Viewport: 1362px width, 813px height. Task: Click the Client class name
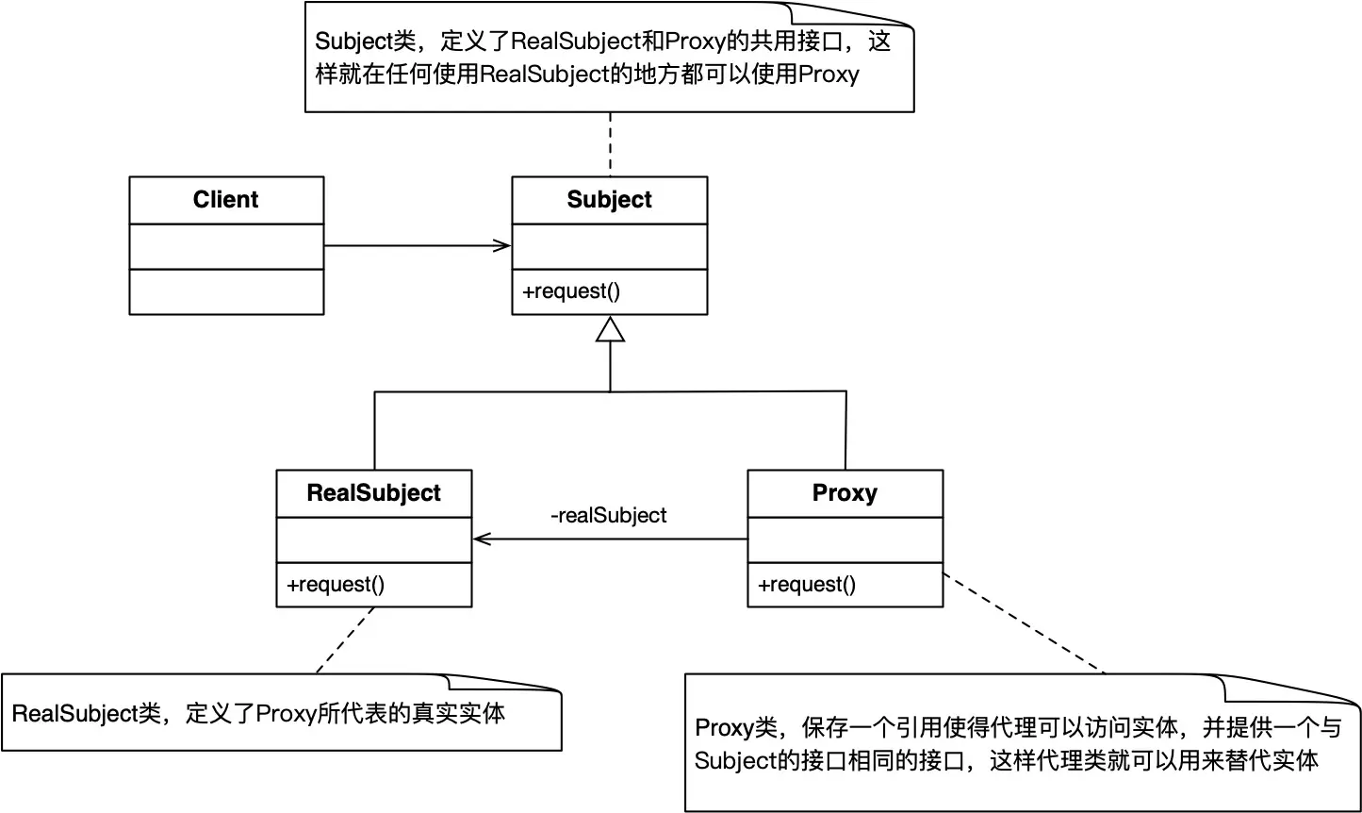225,200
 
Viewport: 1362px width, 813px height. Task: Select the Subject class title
609,200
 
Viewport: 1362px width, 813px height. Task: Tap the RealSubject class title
373,493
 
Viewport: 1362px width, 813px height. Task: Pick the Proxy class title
845,493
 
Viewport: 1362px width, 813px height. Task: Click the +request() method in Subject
571,291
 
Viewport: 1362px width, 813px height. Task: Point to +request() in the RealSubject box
336,585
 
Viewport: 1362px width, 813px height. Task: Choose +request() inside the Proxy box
807,585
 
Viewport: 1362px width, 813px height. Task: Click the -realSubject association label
608,516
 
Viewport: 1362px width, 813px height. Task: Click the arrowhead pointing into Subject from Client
502,246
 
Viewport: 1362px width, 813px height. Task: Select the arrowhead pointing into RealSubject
482,539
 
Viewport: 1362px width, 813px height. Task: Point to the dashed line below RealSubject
345,639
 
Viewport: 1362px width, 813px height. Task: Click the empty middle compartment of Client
225,246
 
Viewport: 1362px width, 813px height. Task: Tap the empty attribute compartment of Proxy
845,539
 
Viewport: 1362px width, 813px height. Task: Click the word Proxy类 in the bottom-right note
734,728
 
